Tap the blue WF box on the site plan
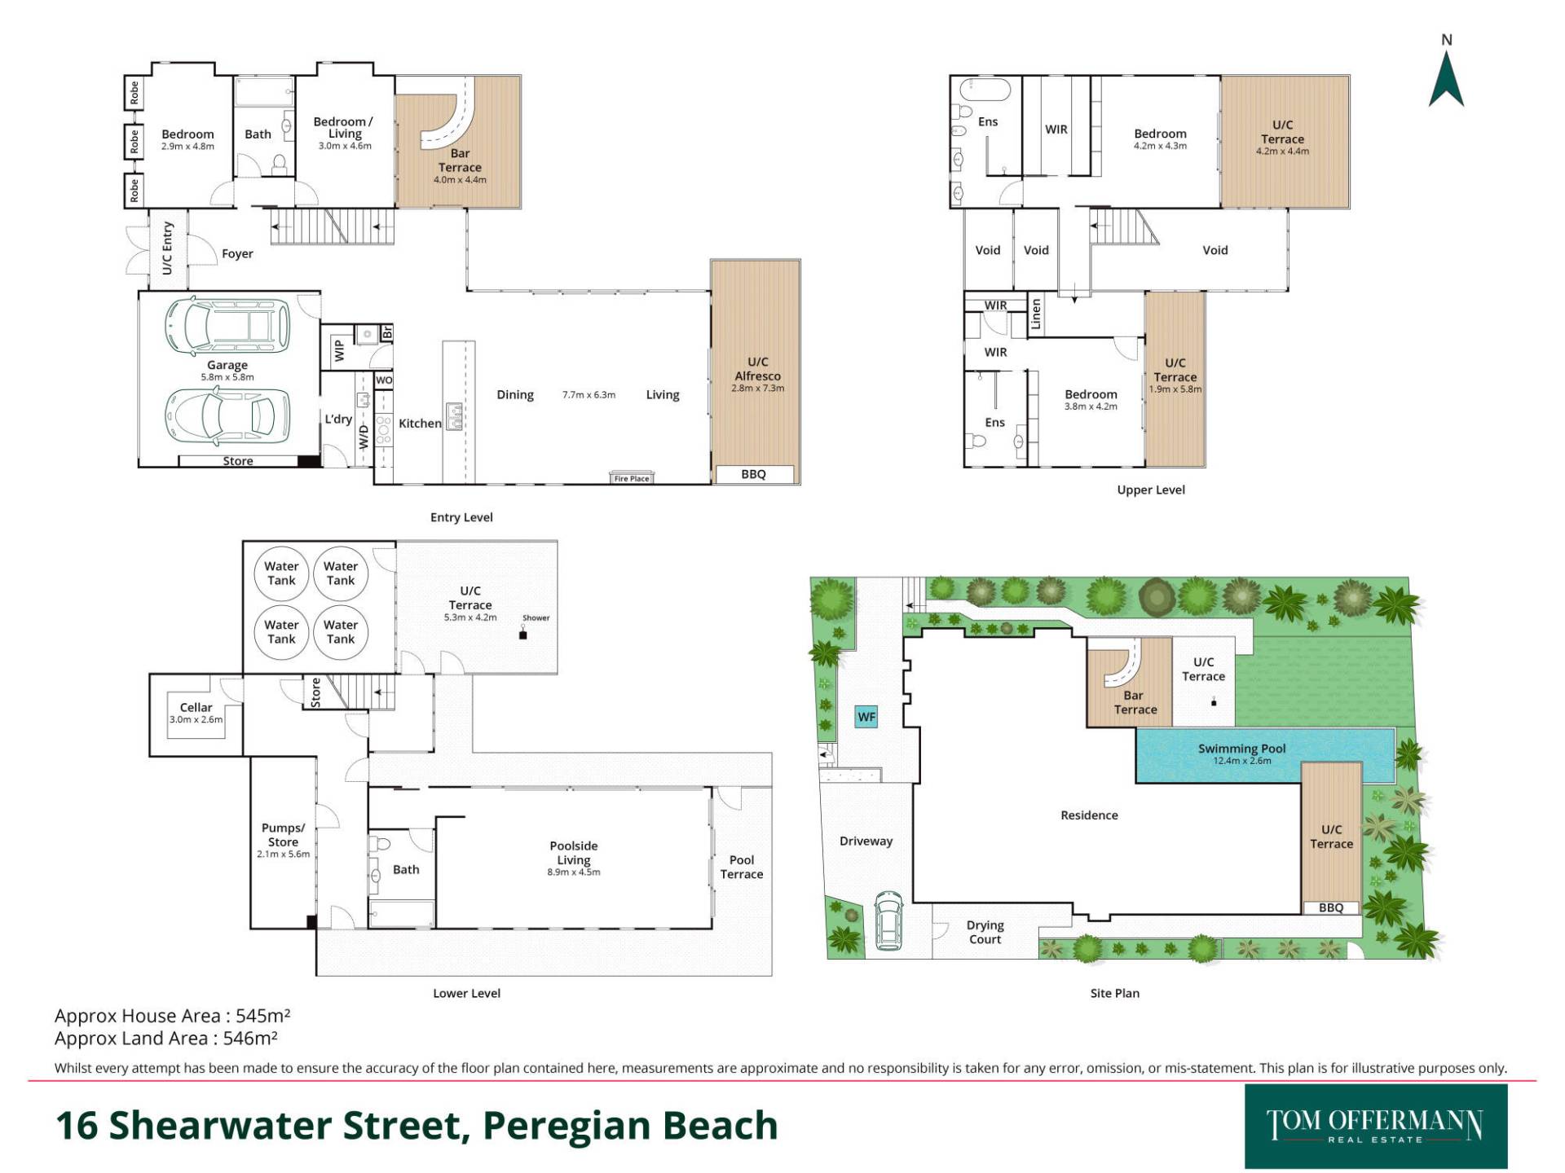coord(866,717)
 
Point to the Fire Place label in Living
coord(632,479)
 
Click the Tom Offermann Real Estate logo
coord(1376,1126)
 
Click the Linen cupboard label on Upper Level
coord(1036,314)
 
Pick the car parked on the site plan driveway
coord(888,921)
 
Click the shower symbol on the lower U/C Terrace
coord(523,633)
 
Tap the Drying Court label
coord(985,932)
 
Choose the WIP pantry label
coord(340,350)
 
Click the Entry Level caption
coord(461,517)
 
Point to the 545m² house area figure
coord(262,1016)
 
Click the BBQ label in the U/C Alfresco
coord(753,474)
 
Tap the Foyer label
coord(237,254)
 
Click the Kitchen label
coord(420,424)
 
